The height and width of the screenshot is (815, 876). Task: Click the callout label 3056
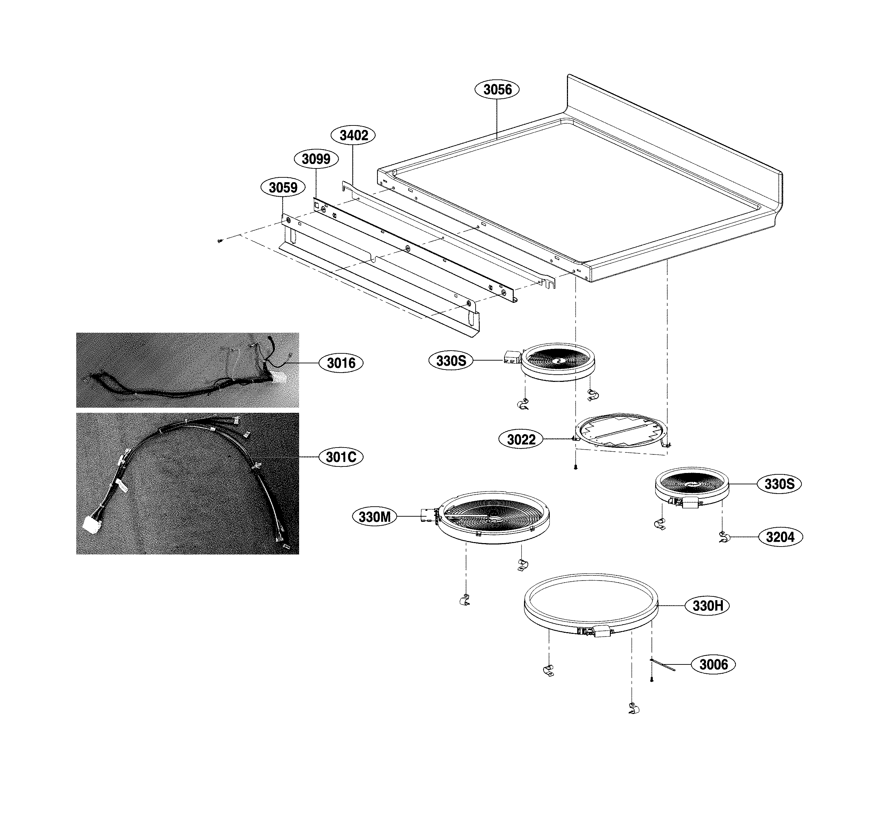pos(497,89)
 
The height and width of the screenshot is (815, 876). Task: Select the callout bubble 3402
pos(353,135)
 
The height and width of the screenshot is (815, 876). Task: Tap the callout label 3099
pos(316,159)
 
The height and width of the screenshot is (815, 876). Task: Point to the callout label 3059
pos(283,187)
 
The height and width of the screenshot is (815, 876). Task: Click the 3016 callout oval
pos(341,363)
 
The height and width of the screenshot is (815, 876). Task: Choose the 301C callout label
pos(341,457)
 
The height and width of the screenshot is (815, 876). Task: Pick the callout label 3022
pos(521,440)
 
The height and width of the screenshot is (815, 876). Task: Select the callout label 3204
pos(780,537)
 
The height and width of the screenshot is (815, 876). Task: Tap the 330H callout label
pos(707,606)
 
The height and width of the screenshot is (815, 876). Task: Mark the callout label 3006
pos(713,664)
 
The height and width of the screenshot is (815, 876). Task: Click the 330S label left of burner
pos(451,361)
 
